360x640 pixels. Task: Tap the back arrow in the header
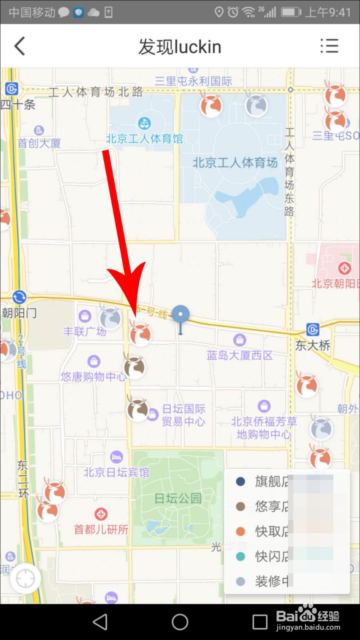tap(20, 46)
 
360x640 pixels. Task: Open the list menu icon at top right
tap(329, 46)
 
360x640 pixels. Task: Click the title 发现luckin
tap(180, 47)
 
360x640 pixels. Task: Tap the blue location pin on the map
tap(180, 315)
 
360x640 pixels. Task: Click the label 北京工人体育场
tap(235, 163)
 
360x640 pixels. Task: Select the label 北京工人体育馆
tap(144, 139)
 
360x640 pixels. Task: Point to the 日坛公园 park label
tap(178, 498)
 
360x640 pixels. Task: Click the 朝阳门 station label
tap(19, 313)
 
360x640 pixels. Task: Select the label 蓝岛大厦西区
tap(239, 355)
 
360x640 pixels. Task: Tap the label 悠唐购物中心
tap(93, 376)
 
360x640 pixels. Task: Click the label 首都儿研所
tap(101, 530)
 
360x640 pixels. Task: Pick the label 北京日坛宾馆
tap(116, 472)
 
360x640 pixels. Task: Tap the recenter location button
tap(25, 578)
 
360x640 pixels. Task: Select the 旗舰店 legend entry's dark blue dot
tap(240, 481)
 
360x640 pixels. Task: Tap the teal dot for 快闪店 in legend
tap(240, 556)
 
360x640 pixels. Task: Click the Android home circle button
tap(180, 622)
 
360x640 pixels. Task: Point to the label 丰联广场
tap(84, 331)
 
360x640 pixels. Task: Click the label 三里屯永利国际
tap(193, 81)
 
